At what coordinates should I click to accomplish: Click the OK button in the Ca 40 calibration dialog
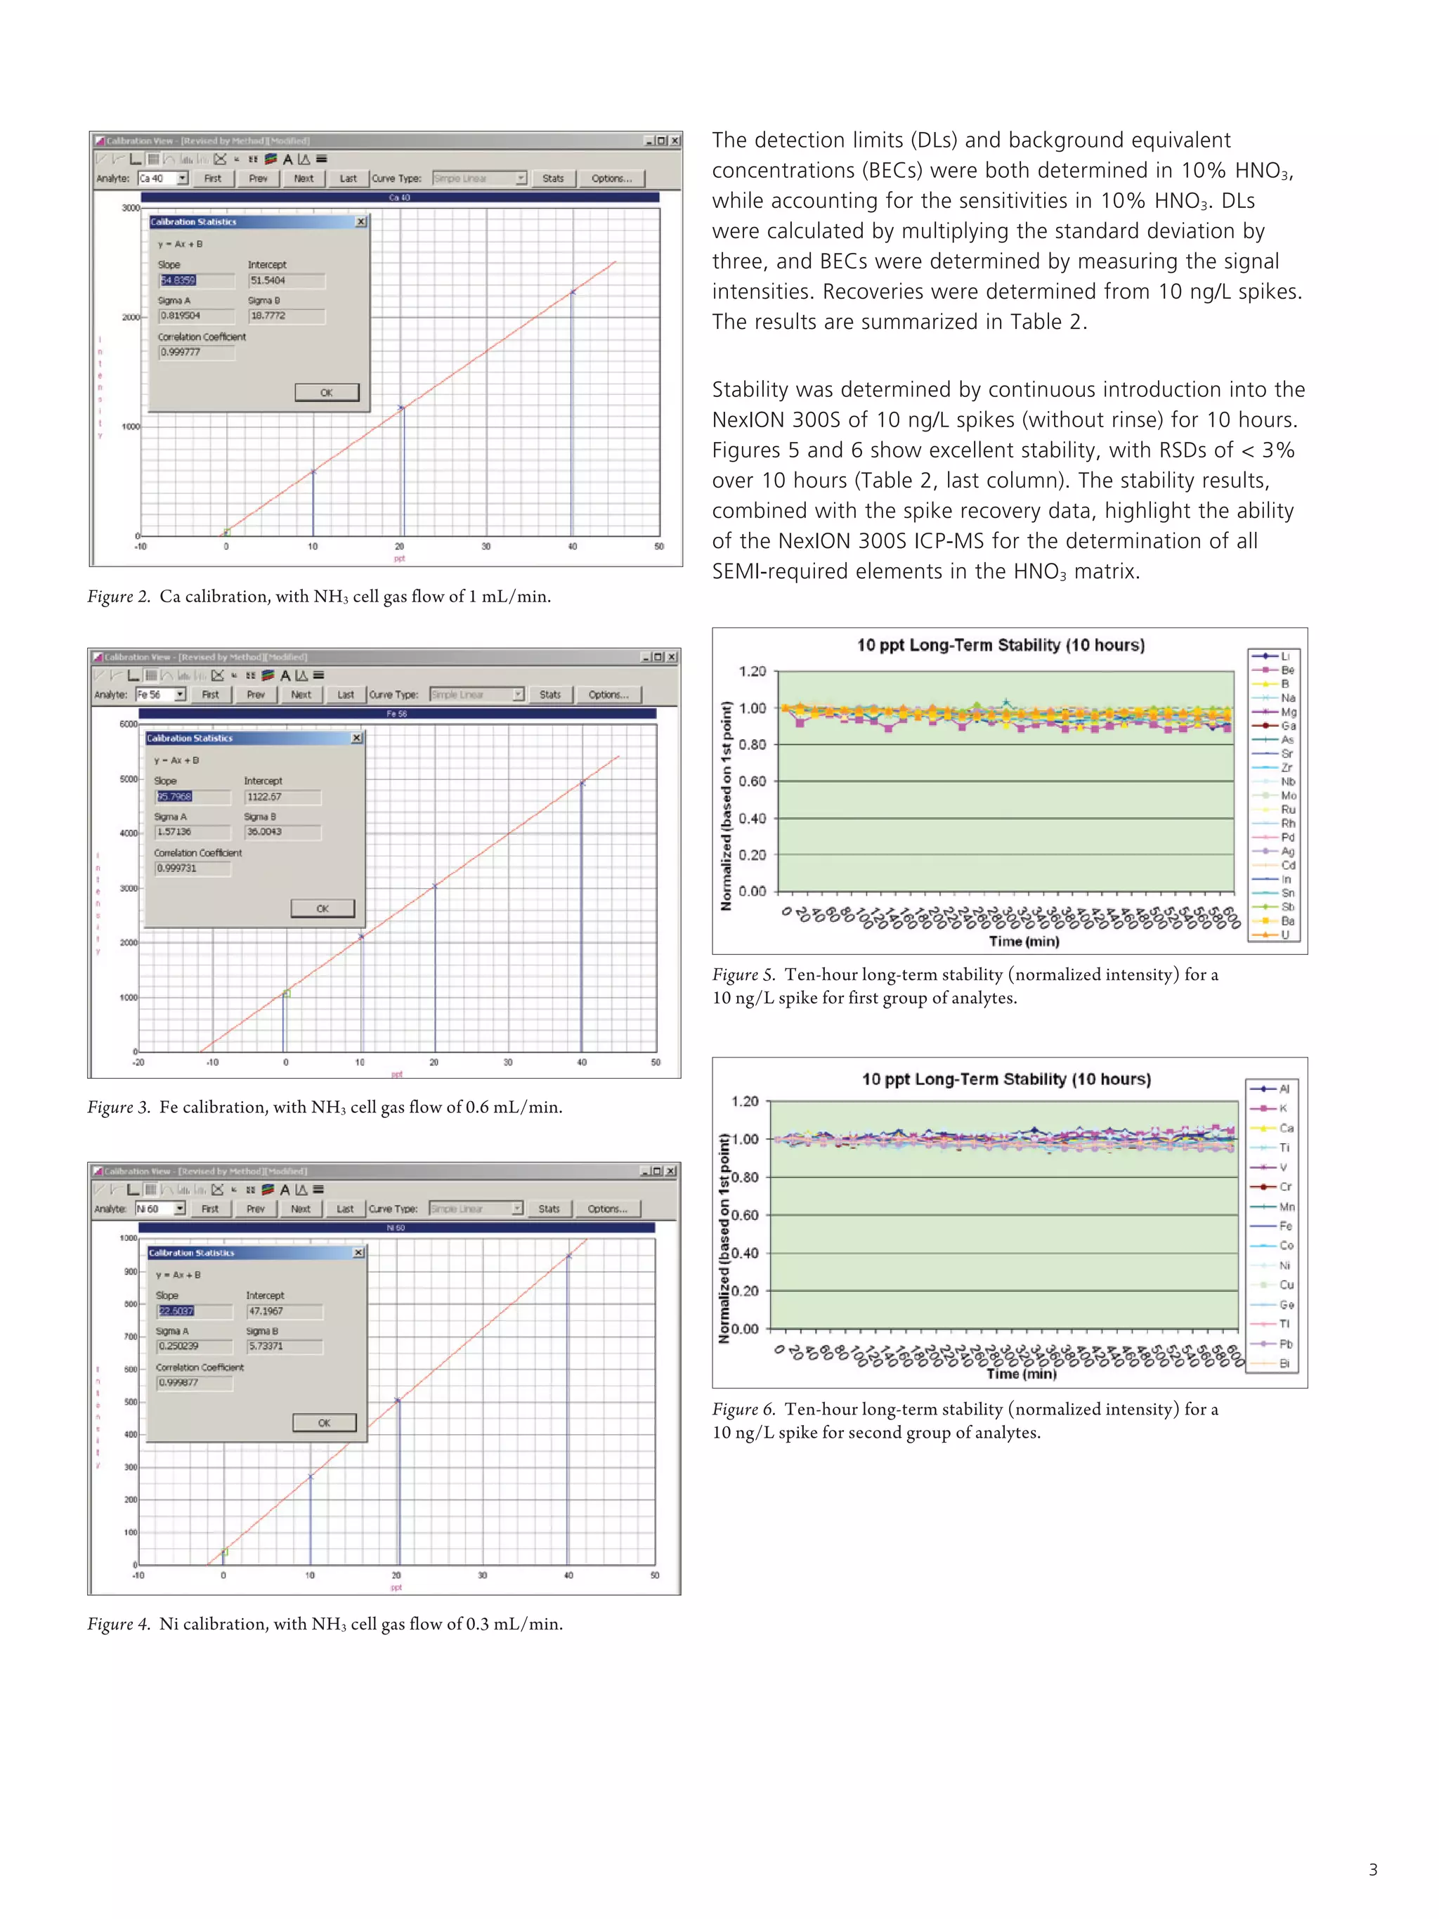pyautogui.click(x=326, y=392)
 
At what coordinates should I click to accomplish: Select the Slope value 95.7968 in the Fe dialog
pyautogui.click(x=174, y=796)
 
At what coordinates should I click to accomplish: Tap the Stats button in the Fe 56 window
pyautogui.click(x=550, y=694)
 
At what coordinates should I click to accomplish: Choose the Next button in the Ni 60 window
pyautogui.click(x=300, y=1209)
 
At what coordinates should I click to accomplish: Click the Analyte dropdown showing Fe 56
pyautogui.click(x=159, y=694)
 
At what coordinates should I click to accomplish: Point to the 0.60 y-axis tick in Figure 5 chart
pyautogui.click(x=752, y=781)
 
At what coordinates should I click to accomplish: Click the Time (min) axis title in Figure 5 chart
pyautogui.click(x=1024, y=942)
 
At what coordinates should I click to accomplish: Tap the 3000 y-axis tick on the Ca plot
pyautogui.click(x=130, y=208)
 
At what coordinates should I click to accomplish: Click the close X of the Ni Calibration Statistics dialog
pyautogui.click(x=358, y=1253)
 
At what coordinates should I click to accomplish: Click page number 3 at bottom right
pyautogui.click(x=1373, y=1870)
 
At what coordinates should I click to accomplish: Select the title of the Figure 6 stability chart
pyautogui.click(x=1006, y=1079)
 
